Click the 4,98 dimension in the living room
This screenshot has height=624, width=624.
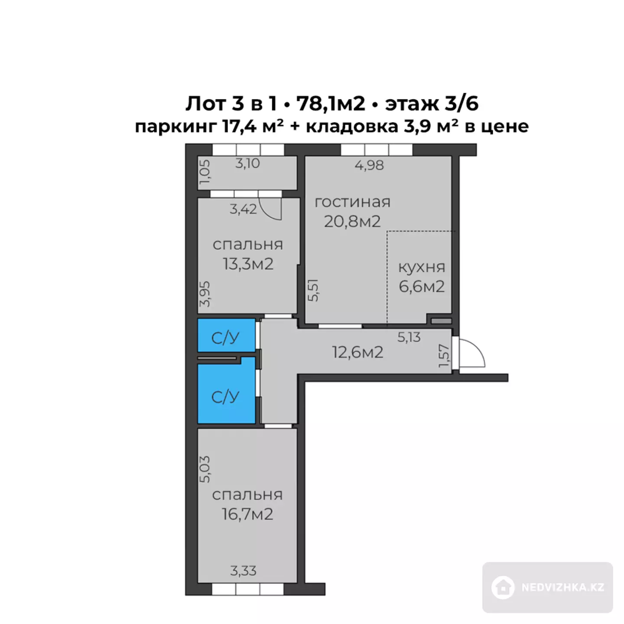pos(369,165)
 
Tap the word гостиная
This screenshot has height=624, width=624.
pos(353,202)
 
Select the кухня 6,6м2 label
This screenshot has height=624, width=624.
pos(422,277)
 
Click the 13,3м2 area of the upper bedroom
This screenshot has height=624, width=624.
pos(248,264)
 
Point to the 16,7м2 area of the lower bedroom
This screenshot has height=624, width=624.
pos(247,514)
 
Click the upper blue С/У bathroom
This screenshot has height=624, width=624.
pos(226,335)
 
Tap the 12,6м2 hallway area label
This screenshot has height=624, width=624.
pos(358,352)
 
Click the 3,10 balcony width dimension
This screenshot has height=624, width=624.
pos(247,163)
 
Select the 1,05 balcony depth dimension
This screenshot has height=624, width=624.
pos(205,172)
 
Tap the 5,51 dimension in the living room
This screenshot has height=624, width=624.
pos(313,290)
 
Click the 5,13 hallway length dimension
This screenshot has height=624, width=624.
pos(409,338)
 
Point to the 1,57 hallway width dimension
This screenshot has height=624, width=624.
pos(444,356)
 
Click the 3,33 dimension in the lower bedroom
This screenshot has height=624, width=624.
pos(243,580)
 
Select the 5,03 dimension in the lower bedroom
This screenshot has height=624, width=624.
pos(205,470)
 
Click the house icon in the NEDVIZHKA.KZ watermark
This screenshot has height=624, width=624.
pos(503,587)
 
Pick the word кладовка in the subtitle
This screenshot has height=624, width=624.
pos(352,126)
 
